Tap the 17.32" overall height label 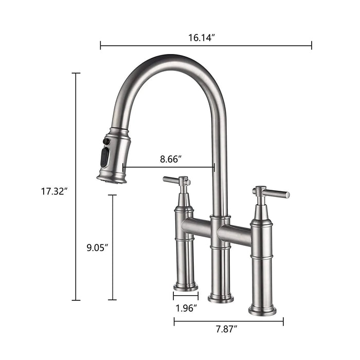pos(55,191)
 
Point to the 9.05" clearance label pos(97,247)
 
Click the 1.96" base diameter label pos(186,309)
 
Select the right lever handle pos(273,193)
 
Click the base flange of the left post pos(186,287)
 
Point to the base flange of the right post pos(262,310)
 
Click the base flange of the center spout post pos(221,298)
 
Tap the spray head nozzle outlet pos(111,179)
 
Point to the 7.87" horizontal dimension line pos(228,322)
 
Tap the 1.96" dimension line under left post pos(186,297)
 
